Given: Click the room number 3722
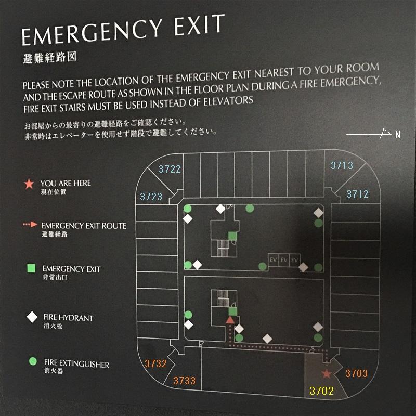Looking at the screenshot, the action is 170,169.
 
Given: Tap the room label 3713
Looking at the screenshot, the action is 342,165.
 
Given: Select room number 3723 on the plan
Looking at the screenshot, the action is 151,197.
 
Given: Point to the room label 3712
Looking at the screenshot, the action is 357,194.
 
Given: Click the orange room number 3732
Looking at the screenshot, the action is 155,363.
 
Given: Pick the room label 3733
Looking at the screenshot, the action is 185,381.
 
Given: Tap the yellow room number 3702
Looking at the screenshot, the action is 321,391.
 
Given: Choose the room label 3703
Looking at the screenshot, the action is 356,373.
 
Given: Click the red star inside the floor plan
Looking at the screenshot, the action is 327,373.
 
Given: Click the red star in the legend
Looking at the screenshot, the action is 29,184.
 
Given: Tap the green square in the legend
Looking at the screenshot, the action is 31,268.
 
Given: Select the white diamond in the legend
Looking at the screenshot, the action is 32,317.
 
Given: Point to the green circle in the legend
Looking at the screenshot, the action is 33,361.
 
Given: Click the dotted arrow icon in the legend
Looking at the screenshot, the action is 30,225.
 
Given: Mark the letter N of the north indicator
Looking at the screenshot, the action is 397,134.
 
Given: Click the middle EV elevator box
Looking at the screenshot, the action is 284,259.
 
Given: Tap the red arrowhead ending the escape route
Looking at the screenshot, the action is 230,320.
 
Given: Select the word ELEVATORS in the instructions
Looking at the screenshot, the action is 228,101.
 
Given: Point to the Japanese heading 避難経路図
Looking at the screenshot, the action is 49,57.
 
